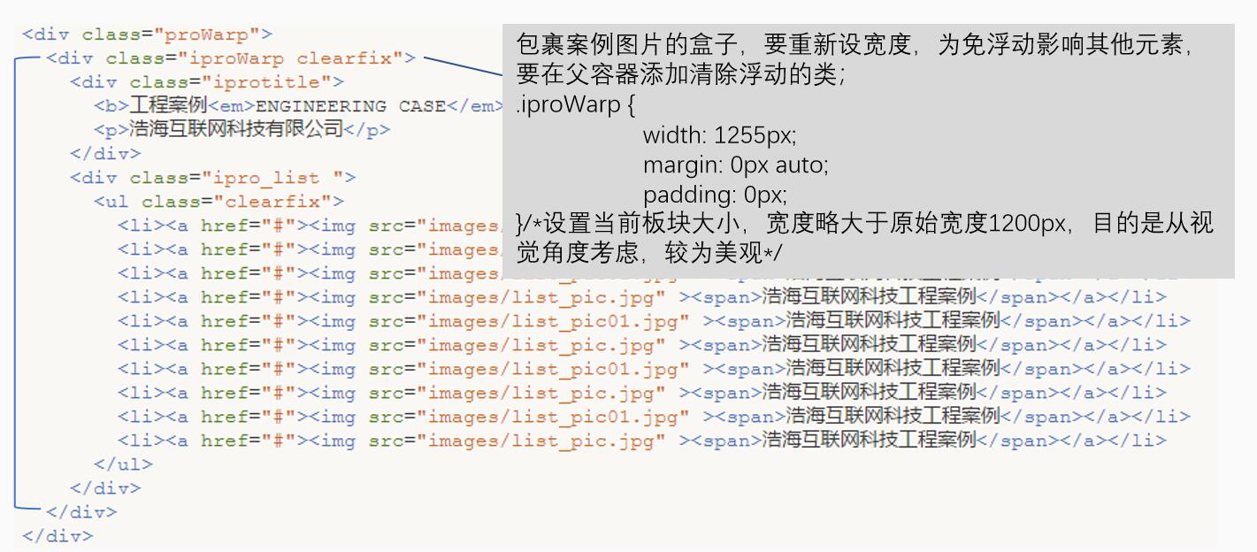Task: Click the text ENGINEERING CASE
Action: click(x=350, y=106)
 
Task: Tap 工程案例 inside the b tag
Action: click(x=168, y=105)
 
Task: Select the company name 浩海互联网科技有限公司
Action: click(x=235, y=129)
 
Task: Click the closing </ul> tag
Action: click(x=123, y=464)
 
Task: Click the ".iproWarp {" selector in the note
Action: click(x=575, y=106)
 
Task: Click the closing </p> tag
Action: click(x=366, y=130)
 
